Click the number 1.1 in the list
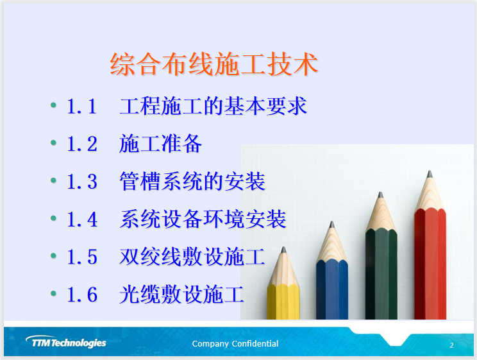[x=82, y=107]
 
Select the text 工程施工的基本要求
[x=213, y=107]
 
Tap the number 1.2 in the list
[x=82, y=144]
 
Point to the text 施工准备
[x=160, y=144]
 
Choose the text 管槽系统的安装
[x=192, y=182]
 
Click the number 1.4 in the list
[x=82, y=219]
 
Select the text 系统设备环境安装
[x=203, y=219]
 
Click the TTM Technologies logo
[x=66, y=343]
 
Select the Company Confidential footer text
[x=235, y=344]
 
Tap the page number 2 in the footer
[x=451, y=345]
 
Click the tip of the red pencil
[x=429, y=174]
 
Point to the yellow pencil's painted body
[x=283, y=302]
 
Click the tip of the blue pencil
[x=331, y=225]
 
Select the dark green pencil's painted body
[x=381, y=276]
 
